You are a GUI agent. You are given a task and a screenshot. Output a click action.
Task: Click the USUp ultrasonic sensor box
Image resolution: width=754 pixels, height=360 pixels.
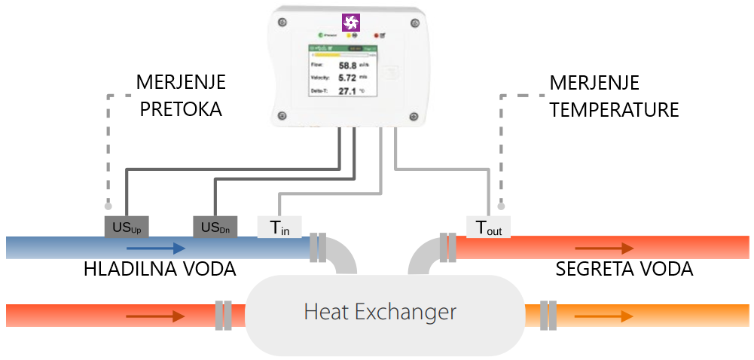click(127, 226)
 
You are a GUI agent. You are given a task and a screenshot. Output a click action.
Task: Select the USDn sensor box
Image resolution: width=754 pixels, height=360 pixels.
click(215, 226)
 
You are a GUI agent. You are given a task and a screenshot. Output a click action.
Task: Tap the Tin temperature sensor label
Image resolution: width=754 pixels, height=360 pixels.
click(279, 227)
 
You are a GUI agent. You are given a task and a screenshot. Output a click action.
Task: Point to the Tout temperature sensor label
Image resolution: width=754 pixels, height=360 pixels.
click(489, 227)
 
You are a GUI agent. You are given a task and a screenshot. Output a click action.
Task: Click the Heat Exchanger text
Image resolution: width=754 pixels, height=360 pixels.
click(380, 311)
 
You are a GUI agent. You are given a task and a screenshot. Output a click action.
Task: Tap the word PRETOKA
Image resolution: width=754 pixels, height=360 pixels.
click(179, 109)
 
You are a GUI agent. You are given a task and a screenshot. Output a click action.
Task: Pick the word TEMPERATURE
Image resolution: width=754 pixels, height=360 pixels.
click(614, 110)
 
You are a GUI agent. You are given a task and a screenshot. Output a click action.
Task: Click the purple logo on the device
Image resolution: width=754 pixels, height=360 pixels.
click(351, 22)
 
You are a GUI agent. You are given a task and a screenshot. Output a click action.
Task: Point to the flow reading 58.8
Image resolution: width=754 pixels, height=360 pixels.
click(347, 66)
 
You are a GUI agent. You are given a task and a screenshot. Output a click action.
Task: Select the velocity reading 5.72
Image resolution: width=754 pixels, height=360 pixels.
click(347, 78)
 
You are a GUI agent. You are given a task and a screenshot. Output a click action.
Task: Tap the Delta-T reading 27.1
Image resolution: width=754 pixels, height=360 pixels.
click(347, 91)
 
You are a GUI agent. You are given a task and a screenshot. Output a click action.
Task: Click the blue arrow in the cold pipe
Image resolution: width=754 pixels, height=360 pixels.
click(161, 248)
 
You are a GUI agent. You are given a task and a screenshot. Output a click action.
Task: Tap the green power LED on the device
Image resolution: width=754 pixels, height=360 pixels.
click(320, 35)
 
